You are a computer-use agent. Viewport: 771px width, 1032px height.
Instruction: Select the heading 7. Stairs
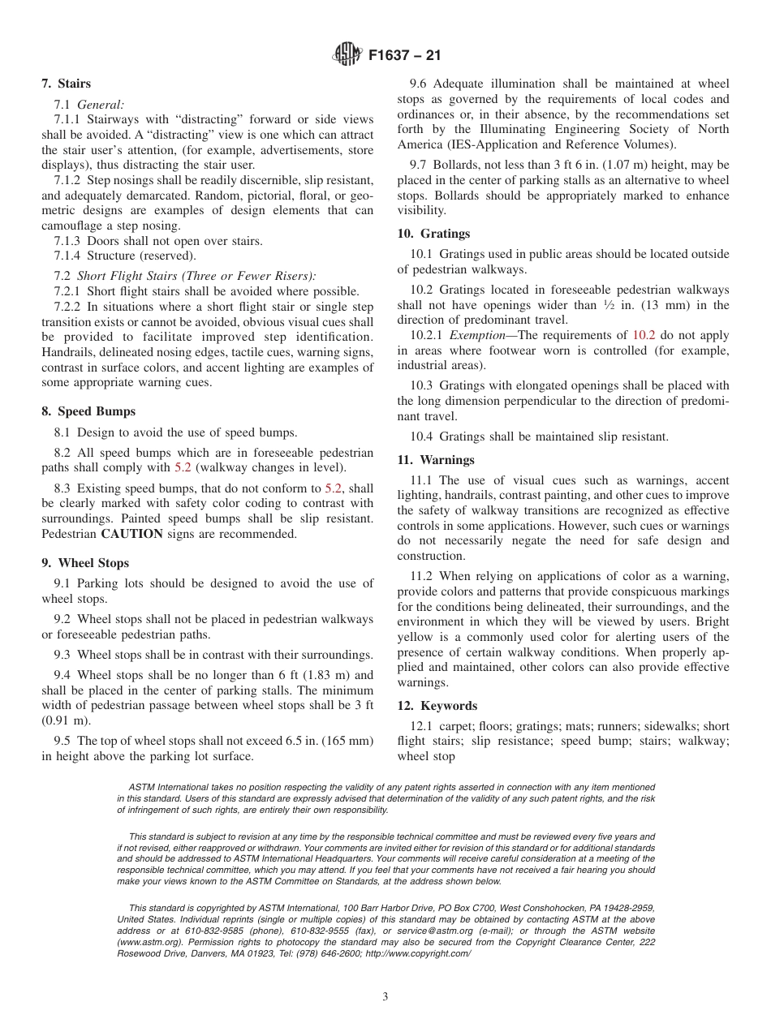pyautogui.click(x=67, y=84)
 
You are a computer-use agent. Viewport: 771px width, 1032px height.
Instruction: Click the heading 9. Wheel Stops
pyautogui.click(x=85, y=563)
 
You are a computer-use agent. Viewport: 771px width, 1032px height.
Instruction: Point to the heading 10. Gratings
pyautogui.click(x=433, y=234)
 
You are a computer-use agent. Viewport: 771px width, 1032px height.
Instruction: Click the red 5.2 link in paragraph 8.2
pyautogui.click(x=183, y=468)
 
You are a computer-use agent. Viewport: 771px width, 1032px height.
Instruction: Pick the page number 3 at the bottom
pyautogui.click(x=385, y=996)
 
